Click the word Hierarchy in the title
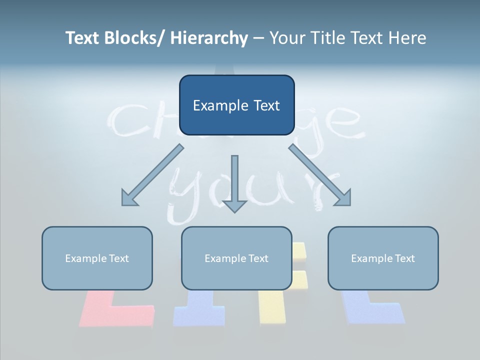(x=209, y=38)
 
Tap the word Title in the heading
(x=327, y=38)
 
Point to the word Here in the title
(x=407, y=38)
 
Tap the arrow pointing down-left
(x=152, y=175)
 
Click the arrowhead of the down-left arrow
(x=128, y=199)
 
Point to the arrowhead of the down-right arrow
(x=344, y=199)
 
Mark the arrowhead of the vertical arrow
(x=234, y=205)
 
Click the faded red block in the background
(x=115, y=310)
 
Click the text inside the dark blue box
(x=236, y=105)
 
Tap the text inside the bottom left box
(x=97, y=258)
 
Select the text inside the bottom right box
(x=383, y=258)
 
